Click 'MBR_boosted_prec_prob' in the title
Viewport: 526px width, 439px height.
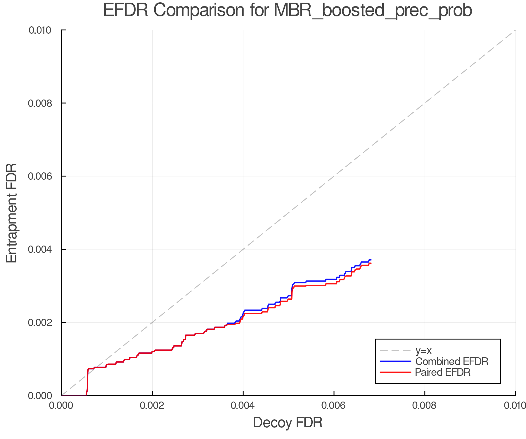373,11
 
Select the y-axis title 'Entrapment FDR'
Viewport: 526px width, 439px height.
12,213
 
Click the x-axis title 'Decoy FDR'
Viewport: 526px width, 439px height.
288,422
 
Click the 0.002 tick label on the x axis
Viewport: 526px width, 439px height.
152,406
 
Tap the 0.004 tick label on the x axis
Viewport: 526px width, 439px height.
243,406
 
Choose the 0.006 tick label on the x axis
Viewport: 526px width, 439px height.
334,406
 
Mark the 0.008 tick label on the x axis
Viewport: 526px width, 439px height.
425,406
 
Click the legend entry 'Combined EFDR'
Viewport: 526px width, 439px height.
451,361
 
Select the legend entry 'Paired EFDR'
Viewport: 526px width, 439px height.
443,372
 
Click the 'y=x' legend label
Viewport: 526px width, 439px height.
423,350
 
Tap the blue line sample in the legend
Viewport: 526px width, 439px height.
395,361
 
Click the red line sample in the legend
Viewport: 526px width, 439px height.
395,372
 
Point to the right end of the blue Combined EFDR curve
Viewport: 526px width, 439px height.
371,260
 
